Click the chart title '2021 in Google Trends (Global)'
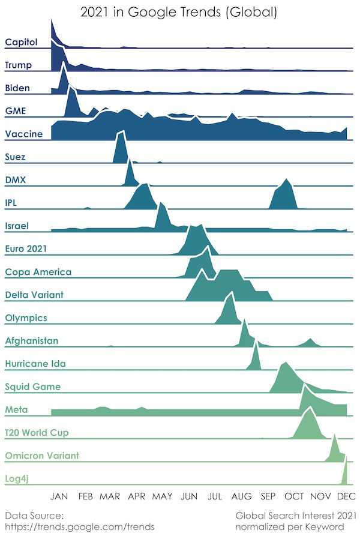[179, 12]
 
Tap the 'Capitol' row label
[21, 42]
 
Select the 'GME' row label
[15, 111]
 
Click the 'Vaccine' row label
[24, 134]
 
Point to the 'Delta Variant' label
[34, 295]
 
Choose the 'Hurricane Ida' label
[35, 364]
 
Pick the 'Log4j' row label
[17, 479]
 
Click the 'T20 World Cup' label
[37, 433]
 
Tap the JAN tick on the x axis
[59, 496]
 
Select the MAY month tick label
[162, 496]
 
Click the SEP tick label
[268, 496]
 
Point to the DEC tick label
[346, 496]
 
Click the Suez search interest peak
[121, 132]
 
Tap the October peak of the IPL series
[287, 179]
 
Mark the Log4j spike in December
[346, 458]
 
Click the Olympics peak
[232, 292]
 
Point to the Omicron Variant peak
[335, 435]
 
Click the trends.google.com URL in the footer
[80, 527]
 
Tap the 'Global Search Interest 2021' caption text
[296, 516]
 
